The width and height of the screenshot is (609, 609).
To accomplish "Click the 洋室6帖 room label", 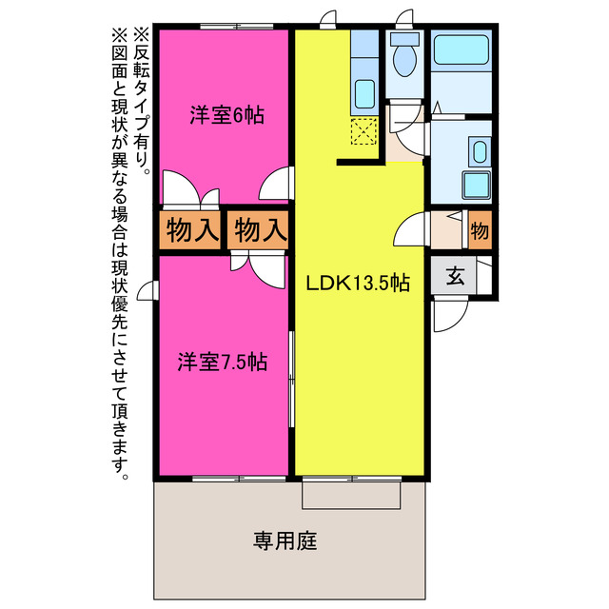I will click(x=226, y=116).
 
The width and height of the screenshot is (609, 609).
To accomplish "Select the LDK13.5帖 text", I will click(x=357, y=284).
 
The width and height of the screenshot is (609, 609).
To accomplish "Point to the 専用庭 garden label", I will click(x=285, y=541).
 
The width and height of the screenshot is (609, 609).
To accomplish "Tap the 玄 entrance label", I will click(x=456, y=277).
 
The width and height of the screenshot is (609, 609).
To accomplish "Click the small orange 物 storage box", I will click(x=480, y=230).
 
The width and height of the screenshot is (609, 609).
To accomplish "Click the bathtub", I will click(x=460, y=52).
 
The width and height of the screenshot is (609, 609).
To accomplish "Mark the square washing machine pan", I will click(x=475, y=185).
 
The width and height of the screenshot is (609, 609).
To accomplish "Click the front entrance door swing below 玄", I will click(x=446, y=315).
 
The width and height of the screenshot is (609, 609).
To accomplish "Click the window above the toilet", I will click(x=406, y=19).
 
